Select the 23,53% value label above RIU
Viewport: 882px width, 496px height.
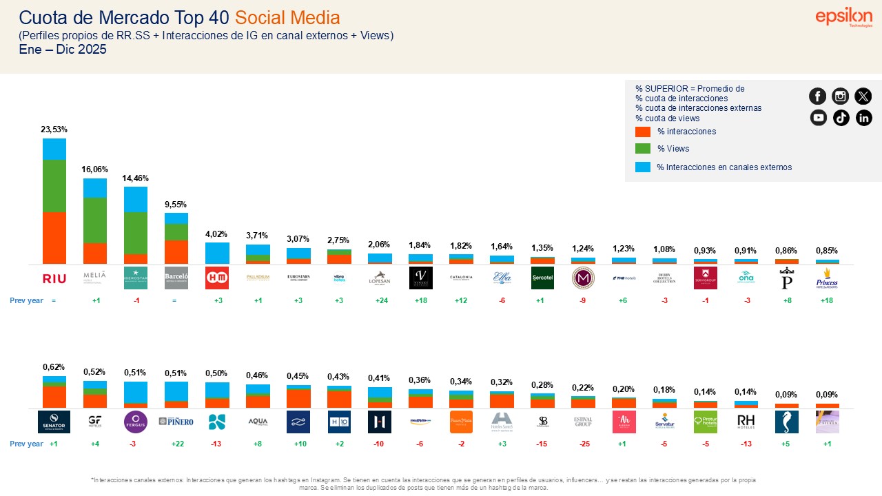click(x=54, y=130)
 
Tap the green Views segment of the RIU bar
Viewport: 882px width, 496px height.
click(x=54, y=186)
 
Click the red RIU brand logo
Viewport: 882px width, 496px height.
click(x=54, y=278)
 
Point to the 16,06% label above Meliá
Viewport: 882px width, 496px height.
click(x=95, y=169)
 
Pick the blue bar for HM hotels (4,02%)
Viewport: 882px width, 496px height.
click(x=217, y=253)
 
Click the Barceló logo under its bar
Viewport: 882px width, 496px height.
click(x=176, y=278)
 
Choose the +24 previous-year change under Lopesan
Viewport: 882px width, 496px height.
click(x=380, y=301)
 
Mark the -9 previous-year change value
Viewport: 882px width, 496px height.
click(x=583, y=301)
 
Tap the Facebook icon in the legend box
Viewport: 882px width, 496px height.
click(x=818, y=96)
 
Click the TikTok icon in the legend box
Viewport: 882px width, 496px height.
click(x=841, y=118)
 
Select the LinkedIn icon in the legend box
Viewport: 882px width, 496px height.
click(x=863, y=118)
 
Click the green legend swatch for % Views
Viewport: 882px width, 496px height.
click(x=642, y=149)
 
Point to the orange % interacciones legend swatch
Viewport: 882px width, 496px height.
click(x=642, y=132)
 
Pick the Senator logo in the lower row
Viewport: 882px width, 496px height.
click(x=54, y=422)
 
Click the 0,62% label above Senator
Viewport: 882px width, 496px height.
click(x=54, y=368)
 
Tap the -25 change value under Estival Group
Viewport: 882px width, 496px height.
click(x=583, y=444)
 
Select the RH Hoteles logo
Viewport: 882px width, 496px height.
click(x=746, y=422)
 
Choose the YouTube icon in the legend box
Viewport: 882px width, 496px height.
click(x=818, y=118)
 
